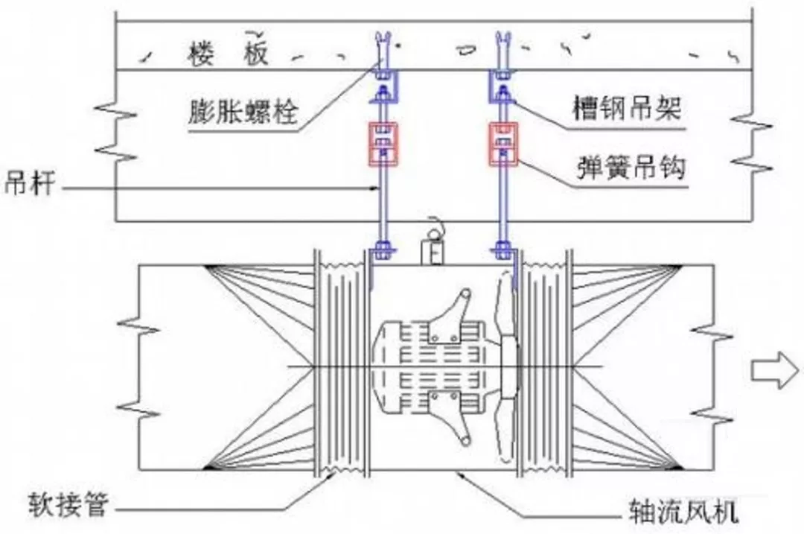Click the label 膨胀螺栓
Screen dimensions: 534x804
pyautogui.click(x=243, y=112)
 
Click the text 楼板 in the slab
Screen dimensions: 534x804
pyautogui.click(x=224, y=54)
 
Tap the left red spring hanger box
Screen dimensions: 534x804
pyautogui.click(x=383, y=143)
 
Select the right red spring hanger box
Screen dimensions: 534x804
pyautogui.click(x=504, y=143)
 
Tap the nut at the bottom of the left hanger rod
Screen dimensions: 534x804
pyautogui.click(x=383, y=249)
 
